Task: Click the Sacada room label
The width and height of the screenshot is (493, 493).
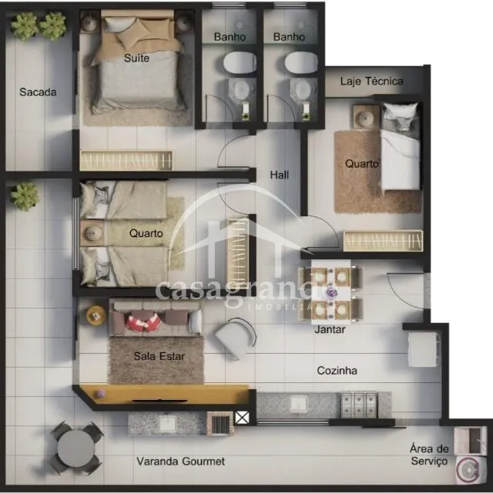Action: (x=38, y=92)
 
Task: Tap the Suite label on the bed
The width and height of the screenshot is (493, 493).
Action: (x=136, y=58)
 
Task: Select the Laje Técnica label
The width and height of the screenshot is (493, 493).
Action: (x=371, y=81)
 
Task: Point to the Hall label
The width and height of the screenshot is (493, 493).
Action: (x=280, y=175)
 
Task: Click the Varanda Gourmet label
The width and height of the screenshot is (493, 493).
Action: (x=181, y=461)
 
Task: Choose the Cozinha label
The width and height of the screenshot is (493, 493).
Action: (x=337, y=371)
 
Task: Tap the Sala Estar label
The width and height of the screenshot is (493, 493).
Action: (x=159, y=356)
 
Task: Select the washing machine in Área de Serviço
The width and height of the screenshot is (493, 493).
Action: (x=469, y=470)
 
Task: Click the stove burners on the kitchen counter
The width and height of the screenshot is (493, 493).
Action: (x=359, y=405)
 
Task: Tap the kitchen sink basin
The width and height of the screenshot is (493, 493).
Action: (x=298, y=403)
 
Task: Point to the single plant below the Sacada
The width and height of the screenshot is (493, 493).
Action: (x=24, y=197)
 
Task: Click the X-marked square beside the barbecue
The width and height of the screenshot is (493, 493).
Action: (x=242, y=418)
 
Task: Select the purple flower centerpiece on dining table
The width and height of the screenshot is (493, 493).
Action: (x=331, y=292)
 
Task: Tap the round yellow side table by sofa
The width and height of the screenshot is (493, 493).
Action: (x=96, y=315)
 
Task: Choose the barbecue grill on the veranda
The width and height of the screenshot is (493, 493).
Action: (x=220, y=424)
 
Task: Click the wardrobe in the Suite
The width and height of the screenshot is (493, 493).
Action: (x=126, y=161)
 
